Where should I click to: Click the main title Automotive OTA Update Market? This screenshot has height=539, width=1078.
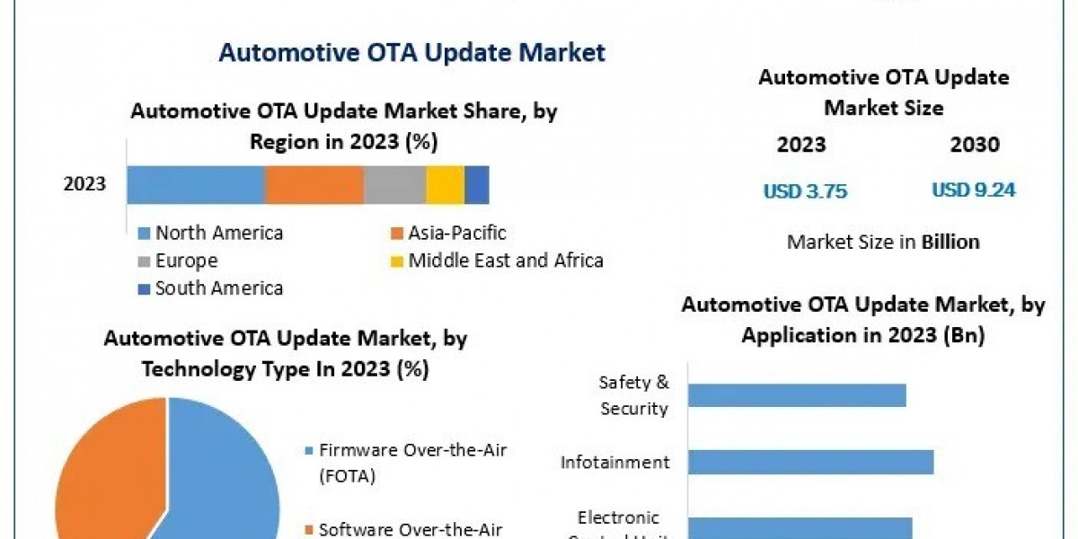[411, 52]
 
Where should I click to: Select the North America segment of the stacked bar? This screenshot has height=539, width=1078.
[195, 184]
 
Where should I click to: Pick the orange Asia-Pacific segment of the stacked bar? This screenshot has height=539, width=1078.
[314, 184]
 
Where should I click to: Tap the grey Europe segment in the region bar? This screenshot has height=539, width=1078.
[394, 184]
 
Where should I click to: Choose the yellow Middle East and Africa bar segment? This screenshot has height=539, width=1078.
[445, 184]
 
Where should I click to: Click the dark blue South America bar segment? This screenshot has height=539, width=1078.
[477, 184]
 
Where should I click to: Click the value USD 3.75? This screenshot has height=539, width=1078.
[805, 191]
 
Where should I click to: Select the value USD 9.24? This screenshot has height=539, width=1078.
[974, 190]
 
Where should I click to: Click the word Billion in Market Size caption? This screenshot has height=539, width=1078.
[950, 242]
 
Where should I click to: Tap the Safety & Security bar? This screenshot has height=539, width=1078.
[798, 395]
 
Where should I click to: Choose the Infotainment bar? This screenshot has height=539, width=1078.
[811, 462]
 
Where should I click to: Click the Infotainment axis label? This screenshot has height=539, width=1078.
[615, 463]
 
